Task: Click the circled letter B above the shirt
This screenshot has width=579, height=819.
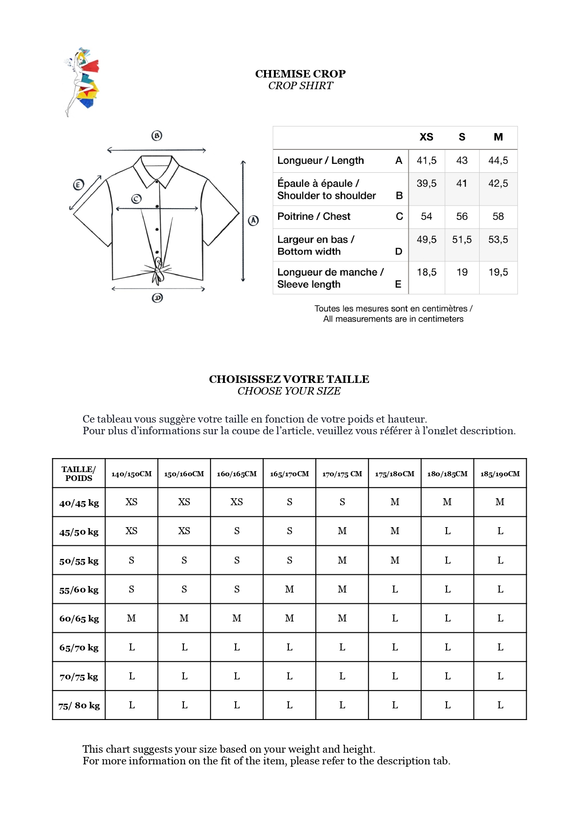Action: point(157,136)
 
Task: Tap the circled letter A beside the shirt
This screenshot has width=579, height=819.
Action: point(253,220)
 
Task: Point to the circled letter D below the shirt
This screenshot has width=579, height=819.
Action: point(158,298)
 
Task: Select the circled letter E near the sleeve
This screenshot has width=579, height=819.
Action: point(78,185)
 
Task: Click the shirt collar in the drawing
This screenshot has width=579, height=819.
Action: point(156,170)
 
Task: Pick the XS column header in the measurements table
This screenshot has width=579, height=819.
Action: point(426,137)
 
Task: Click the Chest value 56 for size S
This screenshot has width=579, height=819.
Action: point(462,217)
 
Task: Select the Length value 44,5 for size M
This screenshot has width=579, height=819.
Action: point(498,161)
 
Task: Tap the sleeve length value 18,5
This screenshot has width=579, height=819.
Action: point(426,272)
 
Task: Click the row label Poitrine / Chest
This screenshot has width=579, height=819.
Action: point(314,217)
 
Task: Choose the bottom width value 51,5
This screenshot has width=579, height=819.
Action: point(462,240)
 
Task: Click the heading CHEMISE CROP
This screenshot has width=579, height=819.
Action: point(300,74)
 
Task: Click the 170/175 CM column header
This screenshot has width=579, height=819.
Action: point(342,474)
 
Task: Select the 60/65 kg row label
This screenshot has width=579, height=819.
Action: point(79,619)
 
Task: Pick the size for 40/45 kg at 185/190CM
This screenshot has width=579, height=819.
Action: point(500,502)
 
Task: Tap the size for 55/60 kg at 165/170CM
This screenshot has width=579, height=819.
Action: point(289,589)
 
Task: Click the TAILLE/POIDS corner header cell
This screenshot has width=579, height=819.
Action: point(79,473)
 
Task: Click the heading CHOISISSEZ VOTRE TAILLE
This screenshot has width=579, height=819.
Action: point(289,379)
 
